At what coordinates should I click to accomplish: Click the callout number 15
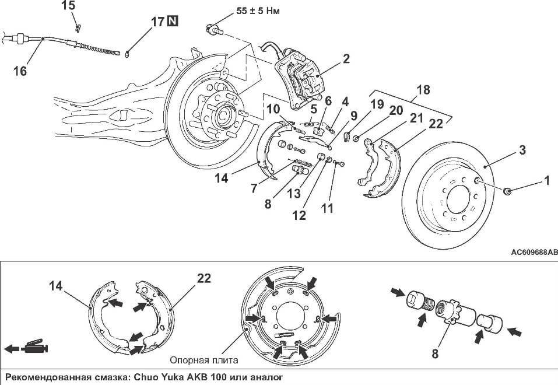point(68,6)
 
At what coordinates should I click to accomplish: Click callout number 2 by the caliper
point(346,58)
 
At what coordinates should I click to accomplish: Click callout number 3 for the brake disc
point(523,150)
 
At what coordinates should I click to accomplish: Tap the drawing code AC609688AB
point(533,252)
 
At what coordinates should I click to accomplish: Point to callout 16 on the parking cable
point(20,71)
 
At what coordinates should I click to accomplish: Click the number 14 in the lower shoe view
point(56,286)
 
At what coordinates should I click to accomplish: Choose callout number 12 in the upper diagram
point(299,215)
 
